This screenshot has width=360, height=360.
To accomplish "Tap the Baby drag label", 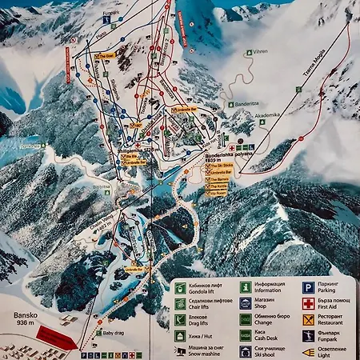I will [x=112, y=333].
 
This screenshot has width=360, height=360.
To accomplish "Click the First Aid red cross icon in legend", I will [x=308, y=304].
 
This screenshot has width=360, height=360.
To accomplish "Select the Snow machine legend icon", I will [x=182, y=350].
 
